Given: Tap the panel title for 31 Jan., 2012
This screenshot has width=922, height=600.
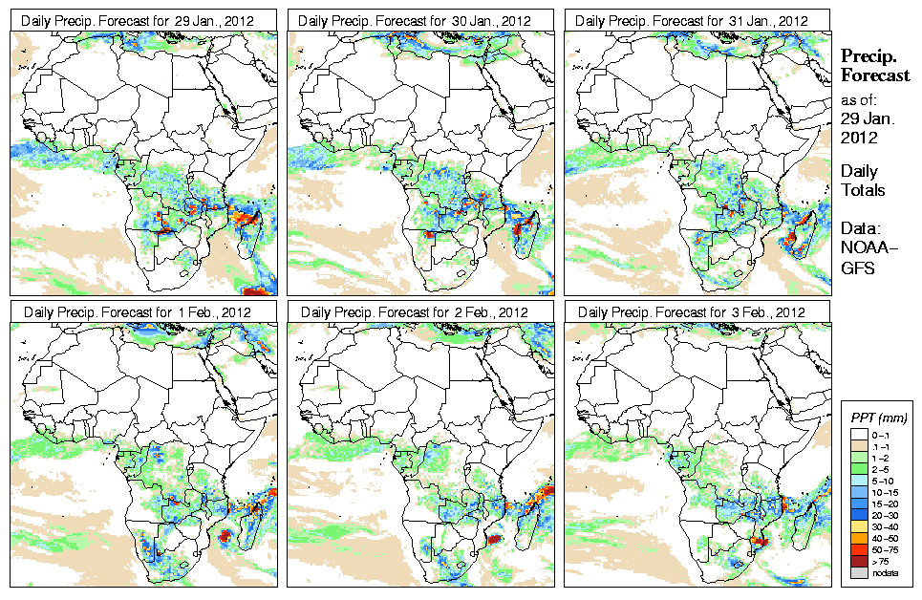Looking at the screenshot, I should pos(697,21).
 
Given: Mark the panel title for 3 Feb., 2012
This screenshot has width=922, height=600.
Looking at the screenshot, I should pos(697,311).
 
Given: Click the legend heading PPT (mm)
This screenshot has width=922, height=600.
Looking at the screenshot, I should pos(879,418).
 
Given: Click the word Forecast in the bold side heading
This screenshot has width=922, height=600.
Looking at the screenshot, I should pos(874,76).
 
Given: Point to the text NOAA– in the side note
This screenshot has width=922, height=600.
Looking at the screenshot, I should pos(865,249).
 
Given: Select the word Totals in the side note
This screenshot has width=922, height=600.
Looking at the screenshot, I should pos(863,190).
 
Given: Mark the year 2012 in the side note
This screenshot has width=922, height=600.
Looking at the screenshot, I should pos(859,138).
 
